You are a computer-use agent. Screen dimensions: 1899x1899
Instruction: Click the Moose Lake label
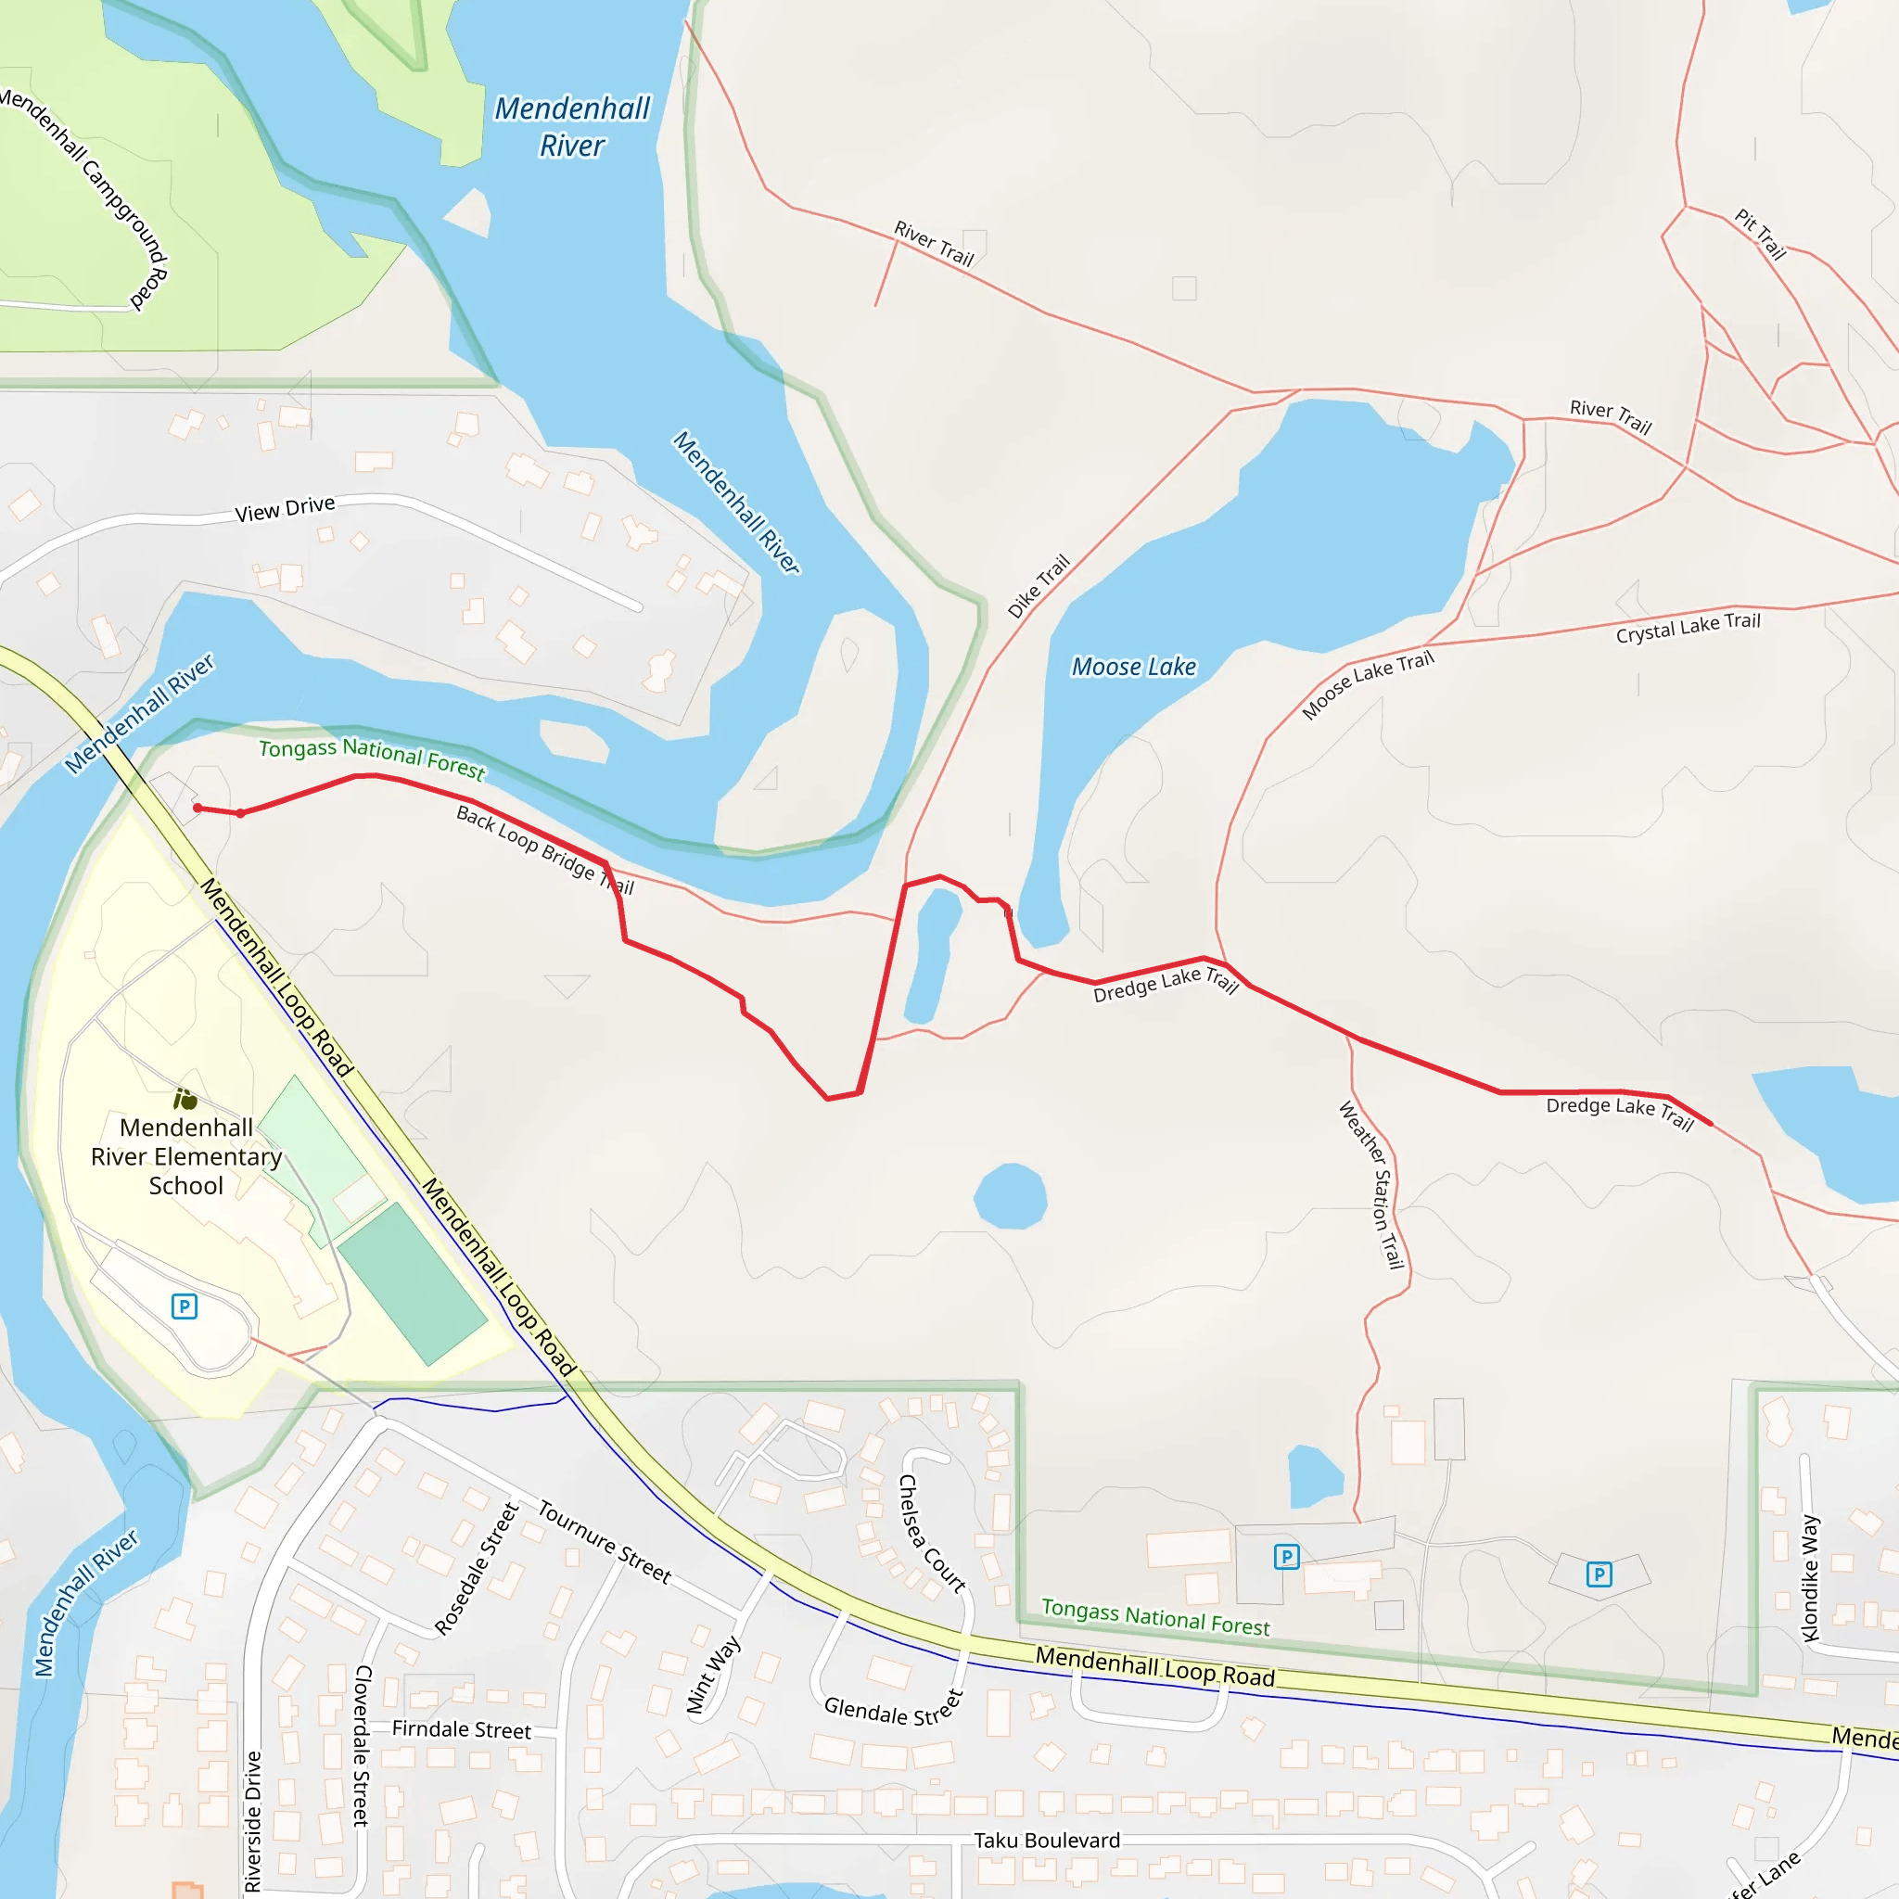1133,668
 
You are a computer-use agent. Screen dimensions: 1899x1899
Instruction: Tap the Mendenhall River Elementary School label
185,1156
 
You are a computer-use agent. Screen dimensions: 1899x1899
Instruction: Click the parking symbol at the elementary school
184,1306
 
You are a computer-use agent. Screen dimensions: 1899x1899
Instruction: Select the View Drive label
285,509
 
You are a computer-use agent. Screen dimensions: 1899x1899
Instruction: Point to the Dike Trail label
1038,587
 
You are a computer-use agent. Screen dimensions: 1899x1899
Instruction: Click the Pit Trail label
1759,234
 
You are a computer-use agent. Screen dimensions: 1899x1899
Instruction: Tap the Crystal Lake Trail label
1688,626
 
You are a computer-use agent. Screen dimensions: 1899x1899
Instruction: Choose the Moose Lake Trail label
1368,684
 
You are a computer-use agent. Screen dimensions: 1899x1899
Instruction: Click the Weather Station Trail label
1371,1184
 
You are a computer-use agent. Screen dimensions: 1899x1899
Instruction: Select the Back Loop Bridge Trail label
544,850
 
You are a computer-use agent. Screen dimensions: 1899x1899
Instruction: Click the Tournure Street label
605,1541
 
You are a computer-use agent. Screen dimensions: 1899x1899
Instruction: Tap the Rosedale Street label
477,1569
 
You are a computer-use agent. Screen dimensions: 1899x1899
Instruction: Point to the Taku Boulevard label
1047,1840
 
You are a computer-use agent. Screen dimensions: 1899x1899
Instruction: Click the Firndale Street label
461,1730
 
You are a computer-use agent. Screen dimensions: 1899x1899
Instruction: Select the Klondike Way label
1810,1578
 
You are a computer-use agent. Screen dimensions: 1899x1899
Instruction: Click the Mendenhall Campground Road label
86,197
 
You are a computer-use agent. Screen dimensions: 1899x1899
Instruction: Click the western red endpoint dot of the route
198,808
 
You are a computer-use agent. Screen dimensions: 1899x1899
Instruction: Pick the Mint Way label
714,1675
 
